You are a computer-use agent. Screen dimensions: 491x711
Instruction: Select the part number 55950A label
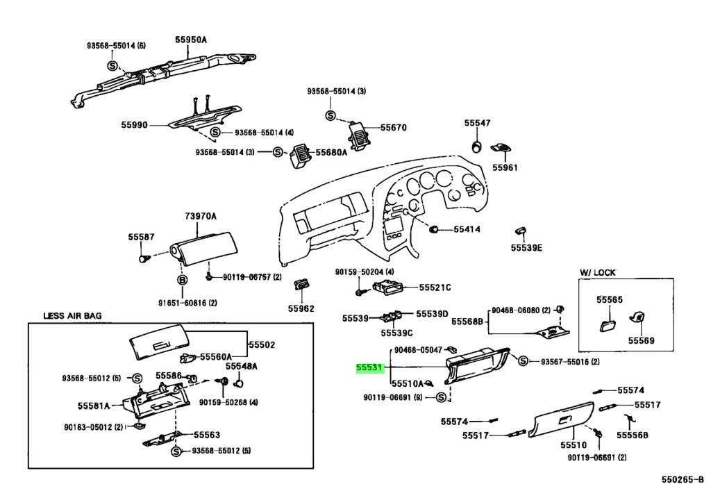pyautogui.click(x=191, y=40)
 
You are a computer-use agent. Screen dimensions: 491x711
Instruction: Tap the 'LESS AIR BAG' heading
pyautogui.click(x=72, y=315)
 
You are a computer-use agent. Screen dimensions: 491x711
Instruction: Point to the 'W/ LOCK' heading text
pyautogui.click(x=597, y=272)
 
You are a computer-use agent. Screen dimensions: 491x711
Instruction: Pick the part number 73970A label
pyautogui.click(x=200, y=217)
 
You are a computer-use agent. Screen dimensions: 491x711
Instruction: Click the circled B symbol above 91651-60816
pyautogui.click(x=183, y=280)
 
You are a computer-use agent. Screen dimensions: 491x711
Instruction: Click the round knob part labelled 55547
pyautogui.click(x=477, y=147)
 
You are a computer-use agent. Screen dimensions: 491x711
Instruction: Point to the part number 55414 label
pyautogui.click(x=467, y=229)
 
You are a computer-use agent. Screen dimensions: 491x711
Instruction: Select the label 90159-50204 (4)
pyautogui.click(x=365, y=272)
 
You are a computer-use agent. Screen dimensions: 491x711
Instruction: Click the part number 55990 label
pyautogui.click(x=135, y=125)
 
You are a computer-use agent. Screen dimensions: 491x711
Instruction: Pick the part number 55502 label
pyautogui.click(x=262, y=344)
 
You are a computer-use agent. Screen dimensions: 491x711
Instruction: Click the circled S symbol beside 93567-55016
pyautogui.click(x=524, y=360)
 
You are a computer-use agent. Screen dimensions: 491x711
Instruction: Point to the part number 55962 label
pyautogui.click(x=301, y=308)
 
